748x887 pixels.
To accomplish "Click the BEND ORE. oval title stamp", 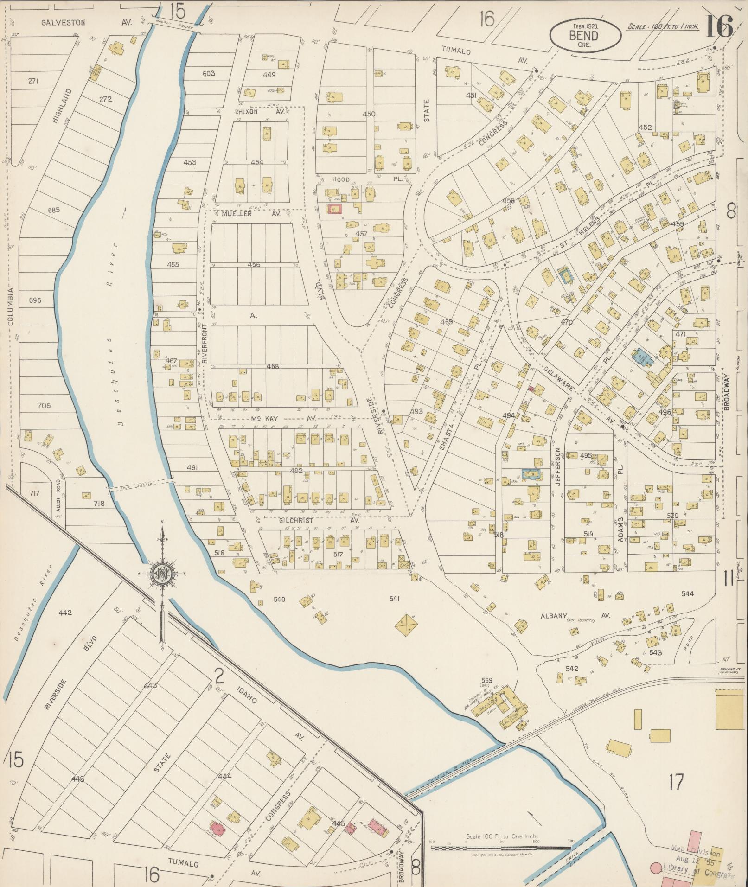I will [585, 36].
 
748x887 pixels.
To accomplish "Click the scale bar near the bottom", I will [501, 847].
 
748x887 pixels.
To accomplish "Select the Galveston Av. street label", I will [86, 22].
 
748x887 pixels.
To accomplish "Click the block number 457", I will [361, 234].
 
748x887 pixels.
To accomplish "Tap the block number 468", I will [273, 366].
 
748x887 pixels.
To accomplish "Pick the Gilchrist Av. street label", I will [320, 521].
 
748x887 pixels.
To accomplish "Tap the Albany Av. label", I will [575, 616].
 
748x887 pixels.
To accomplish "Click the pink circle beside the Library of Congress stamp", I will [656, 867].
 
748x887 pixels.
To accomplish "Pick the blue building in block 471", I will [642, 357].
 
